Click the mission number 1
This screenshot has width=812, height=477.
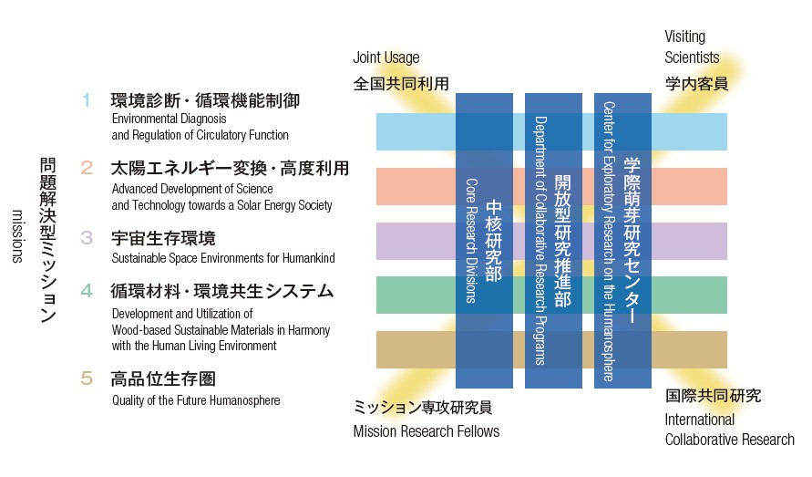click(87, 100)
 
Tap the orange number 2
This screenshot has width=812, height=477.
click(87, 168)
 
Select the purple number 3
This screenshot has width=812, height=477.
click(87, 238)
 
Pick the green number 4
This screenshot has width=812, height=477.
click(87, 291)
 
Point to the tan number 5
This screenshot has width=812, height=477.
click(87, 378)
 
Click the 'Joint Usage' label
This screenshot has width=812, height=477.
click(386, 57)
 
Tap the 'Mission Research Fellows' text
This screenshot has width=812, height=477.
click(427, 431)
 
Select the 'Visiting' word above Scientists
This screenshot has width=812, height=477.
click(684, 36)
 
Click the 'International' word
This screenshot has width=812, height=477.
click(700, 420)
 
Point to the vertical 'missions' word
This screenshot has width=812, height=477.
click(17, 236)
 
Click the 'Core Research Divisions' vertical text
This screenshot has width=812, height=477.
click(471, 241)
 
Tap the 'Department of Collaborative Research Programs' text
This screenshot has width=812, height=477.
click(540, 241)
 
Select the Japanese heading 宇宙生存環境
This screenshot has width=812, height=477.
click(163, 239)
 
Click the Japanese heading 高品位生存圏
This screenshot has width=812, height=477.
click(163, 379)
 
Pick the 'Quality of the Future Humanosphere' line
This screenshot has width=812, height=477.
click(196, 400)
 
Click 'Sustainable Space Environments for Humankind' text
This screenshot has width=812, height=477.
click(223, 258)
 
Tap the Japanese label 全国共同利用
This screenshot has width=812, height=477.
click(401, 84)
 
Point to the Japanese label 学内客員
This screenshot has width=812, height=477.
click(696, 84)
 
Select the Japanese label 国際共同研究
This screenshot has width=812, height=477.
click(713, 396)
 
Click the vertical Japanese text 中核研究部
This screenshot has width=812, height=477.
click(494, 241)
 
